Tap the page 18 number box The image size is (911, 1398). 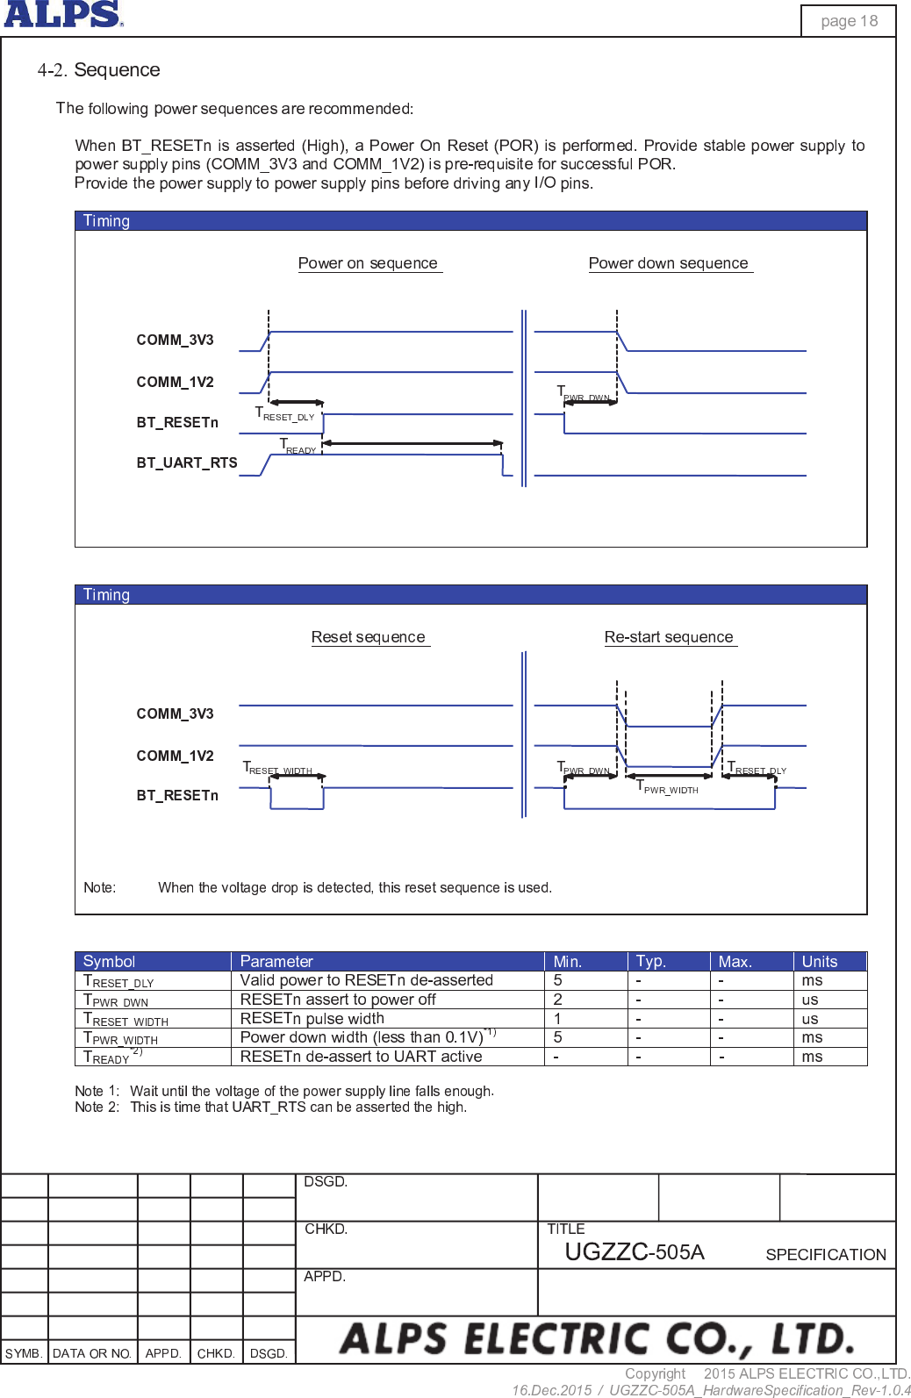(849, 21)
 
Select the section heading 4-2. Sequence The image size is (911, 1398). (98, 70)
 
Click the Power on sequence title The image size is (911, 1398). (368, 263)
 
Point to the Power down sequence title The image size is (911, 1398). (668, 263)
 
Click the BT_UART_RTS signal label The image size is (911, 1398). (187, 462)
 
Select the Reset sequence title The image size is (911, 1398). (368, 637)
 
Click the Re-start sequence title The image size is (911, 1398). (669, 637)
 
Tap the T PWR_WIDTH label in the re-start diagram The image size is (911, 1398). (667, 787)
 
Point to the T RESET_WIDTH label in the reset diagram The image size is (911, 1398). (277, 768)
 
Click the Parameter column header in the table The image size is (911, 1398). (276, 962)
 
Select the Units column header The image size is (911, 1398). (820, 962)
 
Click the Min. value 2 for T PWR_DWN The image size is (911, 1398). (558, 1000)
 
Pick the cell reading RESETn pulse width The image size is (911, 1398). (312, 1019)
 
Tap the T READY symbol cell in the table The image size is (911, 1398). (110, 1057)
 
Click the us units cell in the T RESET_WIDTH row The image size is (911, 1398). (810, 1019)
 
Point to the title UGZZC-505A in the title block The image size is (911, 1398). (635, 1252)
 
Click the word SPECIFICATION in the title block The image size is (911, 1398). (826, 1255)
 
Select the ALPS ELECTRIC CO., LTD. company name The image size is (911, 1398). (597, 1339)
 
